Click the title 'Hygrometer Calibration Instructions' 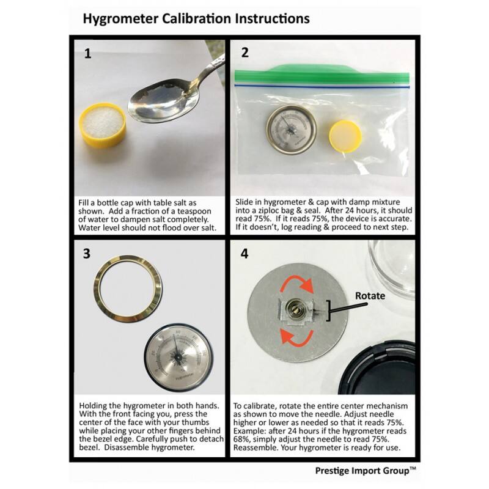coord(196,18)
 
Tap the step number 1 coord(88,53)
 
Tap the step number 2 coord(245,53)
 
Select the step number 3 coord(88,252)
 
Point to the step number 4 coord(245,252)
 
